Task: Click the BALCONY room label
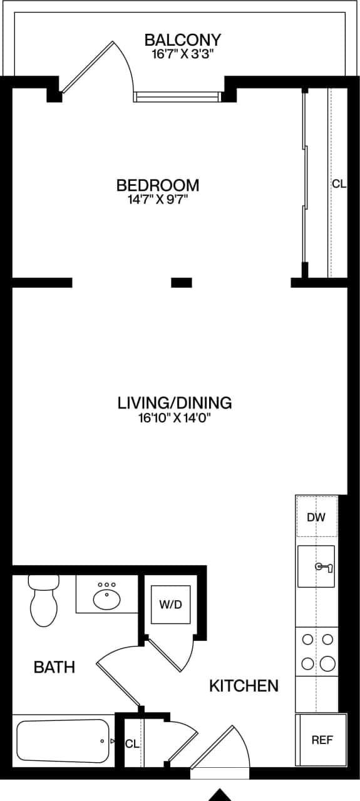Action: (x=182, y=40)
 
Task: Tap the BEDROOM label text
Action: (x=158, y=185)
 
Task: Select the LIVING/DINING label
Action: (x=175, y=402)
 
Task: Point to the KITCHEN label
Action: (x=244, y=686)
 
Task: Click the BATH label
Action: (x=54, y=667)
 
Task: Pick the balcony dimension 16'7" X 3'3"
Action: (x=182, y=54)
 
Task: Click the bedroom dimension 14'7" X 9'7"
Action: (x=158, y=200)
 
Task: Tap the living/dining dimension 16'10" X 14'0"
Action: (x=175, y=418)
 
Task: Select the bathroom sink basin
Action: (x=107, y=599)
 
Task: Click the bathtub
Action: (x=63, y=741)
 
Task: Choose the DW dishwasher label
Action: (x=316, y=518)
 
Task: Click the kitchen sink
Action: (x=316, y=566)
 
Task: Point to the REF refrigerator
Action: (x=321, y=740)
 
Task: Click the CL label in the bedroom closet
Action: (x=339, y=184)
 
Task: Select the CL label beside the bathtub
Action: (x=131, y=744)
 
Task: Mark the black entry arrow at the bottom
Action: (x=220, y=795)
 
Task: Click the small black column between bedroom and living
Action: (x=182, y=282)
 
